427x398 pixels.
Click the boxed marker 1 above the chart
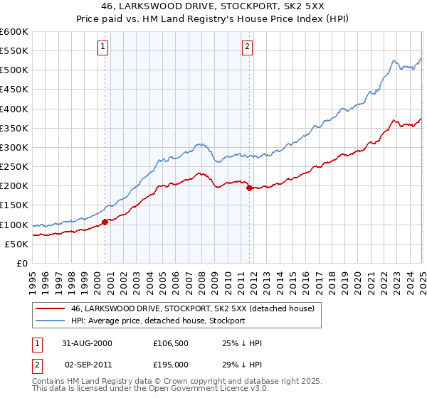click(104, 48)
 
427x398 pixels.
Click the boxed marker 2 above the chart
click(247, 48)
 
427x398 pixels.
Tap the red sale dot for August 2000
click(105, 222)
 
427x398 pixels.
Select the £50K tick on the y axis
click(17, 244)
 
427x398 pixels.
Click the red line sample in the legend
click(49, 309)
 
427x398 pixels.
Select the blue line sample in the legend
click(49, 321)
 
